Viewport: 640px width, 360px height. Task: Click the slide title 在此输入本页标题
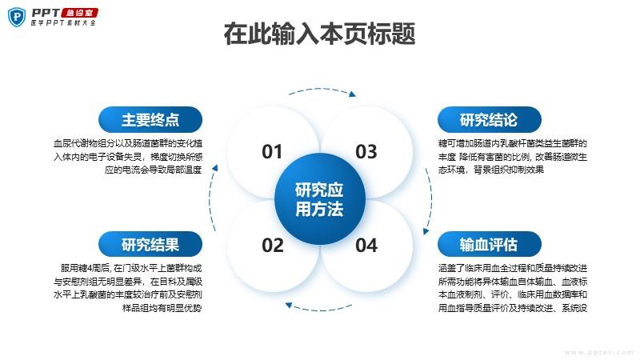pyautogui.click(x=319, y=34)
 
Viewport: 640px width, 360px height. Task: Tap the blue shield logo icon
pyautogui.click(x=17, y=17)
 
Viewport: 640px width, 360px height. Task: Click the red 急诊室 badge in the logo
pyautogui.click(x=79, y=13)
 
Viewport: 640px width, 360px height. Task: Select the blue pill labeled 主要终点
pyautogui.click(x=150, y=119)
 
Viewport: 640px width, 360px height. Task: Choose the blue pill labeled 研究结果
pyautogui.click(x=150, y=245)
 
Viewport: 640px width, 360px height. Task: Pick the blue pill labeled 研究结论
pyautogui.click(x=490, y=119)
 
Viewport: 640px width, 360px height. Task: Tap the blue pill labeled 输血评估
pyautogui.click(x=490, y=245)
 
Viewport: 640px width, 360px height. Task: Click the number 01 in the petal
pyautogui.click(x=272, y=152)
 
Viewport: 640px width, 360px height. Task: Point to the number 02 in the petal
pyautogui.click(x=273, y=246)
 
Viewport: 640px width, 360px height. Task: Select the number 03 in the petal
pyautogui.click(x=366, y=152)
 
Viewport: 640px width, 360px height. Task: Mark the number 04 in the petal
pyautogui.click(x=366, y=246)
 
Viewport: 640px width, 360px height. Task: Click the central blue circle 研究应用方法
pyautogui.click(x=319, y=199)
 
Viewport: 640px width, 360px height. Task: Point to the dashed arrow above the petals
pyautogui.click(x=322, y=90)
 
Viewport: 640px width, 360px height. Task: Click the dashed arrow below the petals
pyautogui.click(x=318, y=308)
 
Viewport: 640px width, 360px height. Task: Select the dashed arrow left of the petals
pyautogui.click(x=211, y=198)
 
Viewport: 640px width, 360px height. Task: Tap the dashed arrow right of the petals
pyautogui.click(x=430, y=200)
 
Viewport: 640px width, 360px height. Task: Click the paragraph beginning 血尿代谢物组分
pyautogui.click(x=128, y=156)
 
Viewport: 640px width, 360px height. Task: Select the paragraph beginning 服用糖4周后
pyautogui.click(x=128, y=288)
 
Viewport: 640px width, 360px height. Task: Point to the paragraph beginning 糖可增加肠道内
pyautogui.click(x=513, y=156)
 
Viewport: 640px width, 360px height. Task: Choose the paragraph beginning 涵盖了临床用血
pyautogui.click(x=513, y=288)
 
